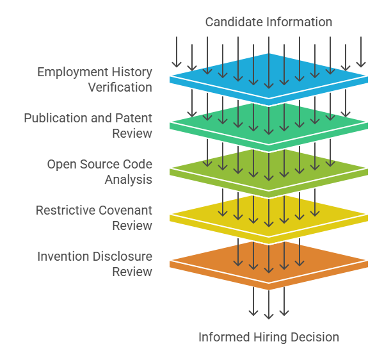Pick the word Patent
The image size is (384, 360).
[134, 118]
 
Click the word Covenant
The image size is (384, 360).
[125, 210]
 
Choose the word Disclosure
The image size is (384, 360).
[122, 256]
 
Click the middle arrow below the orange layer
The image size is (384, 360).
[269, 304]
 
